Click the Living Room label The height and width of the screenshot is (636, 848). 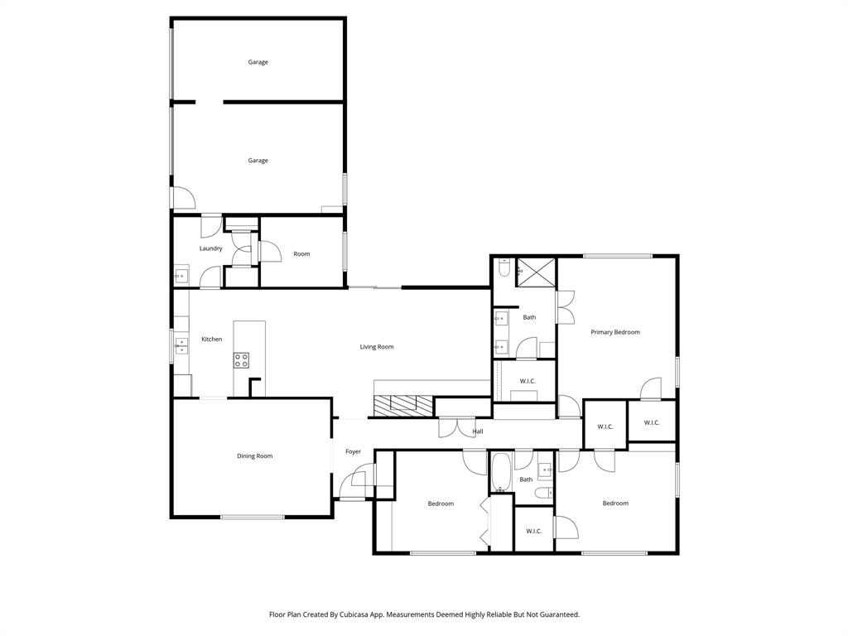(377, 347)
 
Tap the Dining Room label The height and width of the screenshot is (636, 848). (254, 456)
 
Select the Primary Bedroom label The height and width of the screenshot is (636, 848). (615, 332)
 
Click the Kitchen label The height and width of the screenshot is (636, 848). (211, 339)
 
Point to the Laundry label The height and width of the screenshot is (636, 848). (210, 248)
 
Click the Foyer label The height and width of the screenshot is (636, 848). (353, 451)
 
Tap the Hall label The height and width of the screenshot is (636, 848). (478, 431)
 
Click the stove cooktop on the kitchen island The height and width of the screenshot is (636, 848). (242, 360)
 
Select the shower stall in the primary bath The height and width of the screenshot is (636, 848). (536, 272)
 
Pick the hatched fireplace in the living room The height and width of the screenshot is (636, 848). (403, 404)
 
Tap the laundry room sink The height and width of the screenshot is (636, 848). (181, 276)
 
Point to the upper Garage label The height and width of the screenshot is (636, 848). (258, 62)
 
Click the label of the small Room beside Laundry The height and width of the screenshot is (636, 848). (301, 254)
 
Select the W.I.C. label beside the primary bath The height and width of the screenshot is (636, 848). (528, 381)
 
